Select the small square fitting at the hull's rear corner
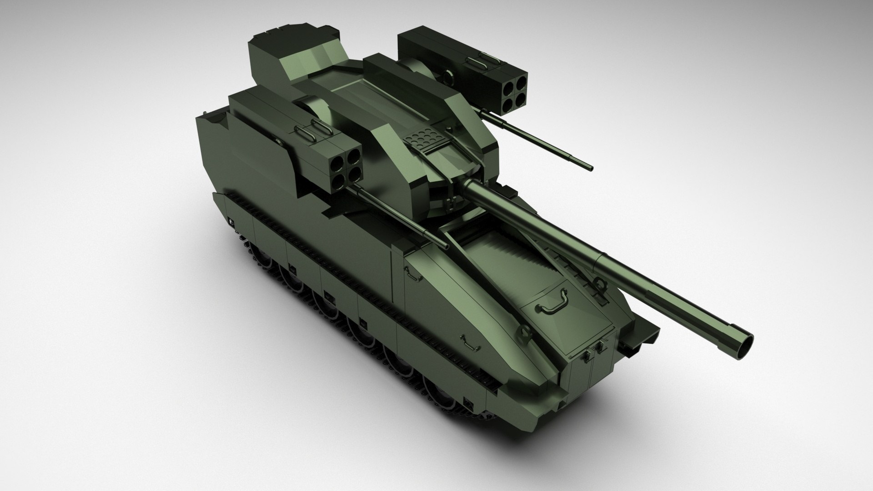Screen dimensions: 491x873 click(231, 222)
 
